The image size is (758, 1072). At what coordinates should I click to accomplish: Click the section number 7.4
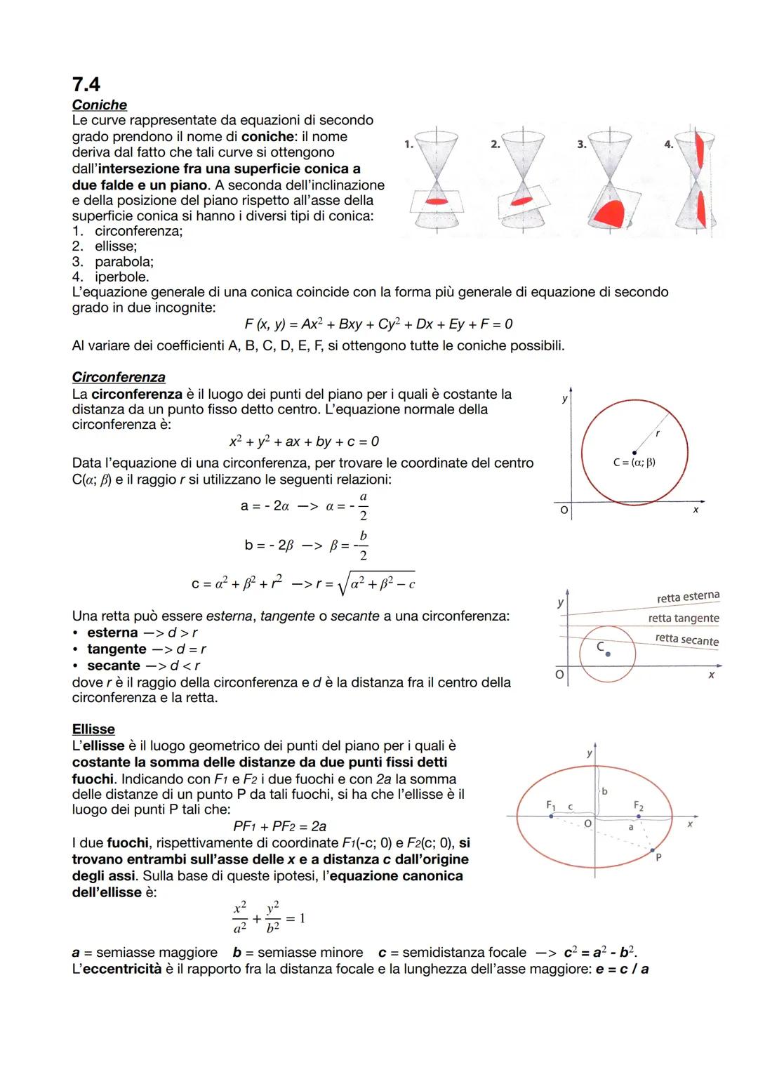coord(86,84)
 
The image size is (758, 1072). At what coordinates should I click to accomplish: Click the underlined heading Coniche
coord(100,105)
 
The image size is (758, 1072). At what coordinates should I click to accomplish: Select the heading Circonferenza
coord(119,377)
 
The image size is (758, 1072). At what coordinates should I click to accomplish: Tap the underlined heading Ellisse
coord(93,729)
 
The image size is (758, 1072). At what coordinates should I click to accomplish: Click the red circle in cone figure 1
coord(437,201)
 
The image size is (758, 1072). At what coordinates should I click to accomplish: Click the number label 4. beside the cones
coord(669,144)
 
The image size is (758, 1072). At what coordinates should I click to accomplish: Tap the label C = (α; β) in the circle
coord(634,463)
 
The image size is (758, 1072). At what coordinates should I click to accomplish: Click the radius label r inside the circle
coord(657,434)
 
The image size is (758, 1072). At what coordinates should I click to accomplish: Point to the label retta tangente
coord(683,618)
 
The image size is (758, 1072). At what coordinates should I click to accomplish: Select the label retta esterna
coord(688,597)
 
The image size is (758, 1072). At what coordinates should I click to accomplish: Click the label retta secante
coord(686,640)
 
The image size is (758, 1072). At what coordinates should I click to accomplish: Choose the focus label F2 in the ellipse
coord(638,805)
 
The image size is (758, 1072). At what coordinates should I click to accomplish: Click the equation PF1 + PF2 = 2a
coord(279,826)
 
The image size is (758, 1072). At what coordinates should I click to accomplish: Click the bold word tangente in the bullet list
coord(117,649)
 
